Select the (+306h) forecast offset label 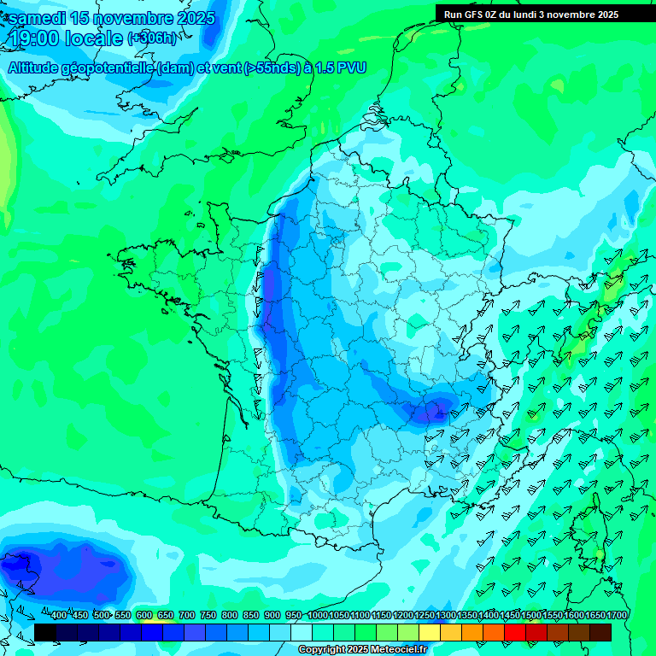[152, 38]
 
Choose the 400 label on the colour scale [59, 616]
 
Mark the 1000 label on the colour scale [318, 616]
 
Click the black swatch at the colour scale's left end [45, 632]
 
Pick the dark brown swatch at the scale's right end [600, 632]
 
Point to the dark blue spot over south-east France [436, 410]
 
